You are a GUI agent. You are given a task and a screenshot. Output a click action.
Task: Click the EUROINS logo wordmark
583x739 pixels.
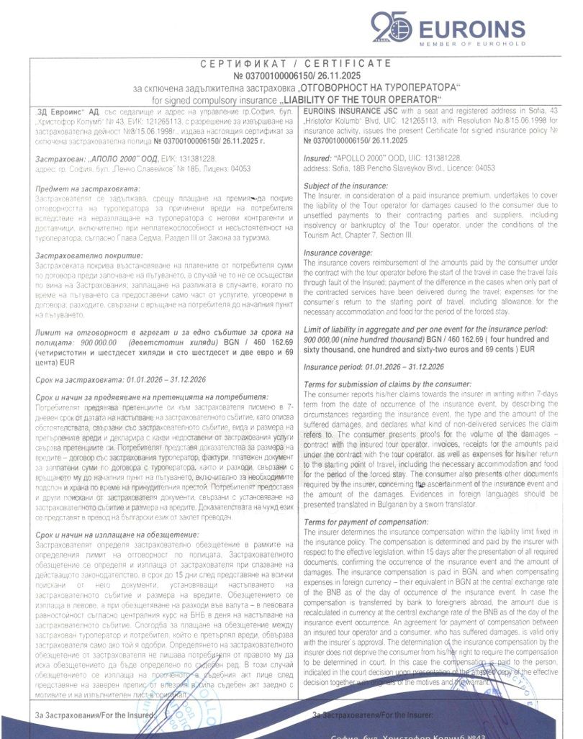click(471, 29)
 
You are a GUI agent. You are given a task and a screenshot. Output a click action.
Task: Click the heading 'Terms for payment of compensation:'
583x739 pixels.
click(367, 522)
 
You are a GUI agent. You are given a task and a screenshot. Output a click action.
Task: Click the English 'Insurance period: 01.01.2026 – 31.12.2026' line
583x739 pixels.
click(374, 367)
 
